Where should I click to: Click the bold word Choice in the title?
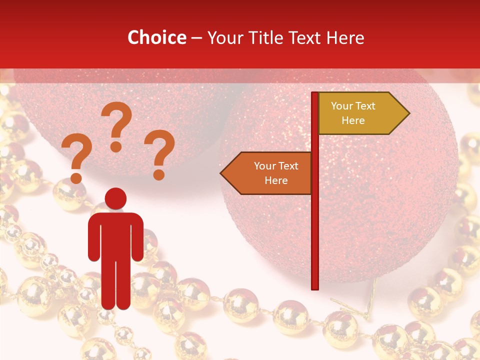pyautogui.click(x=156, y=37)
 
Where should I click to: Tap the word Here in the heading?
pyautogui.click(x=345, y=37)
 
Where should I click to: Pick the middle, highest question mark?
pyautogui.click(x=116, y=125)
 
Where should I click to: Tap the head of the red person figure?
pyautogui.click(x=115, y=198)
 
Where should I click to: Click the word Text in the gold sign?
pyautogui.click(x=366, y=106)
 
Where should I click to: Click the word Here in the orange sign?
pyautogui.click(x=276, y=180)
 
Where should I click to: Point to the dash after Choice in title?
pyautogui.click(x=196, y=38)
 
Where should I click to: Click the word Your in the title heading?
pyautogui.click(x=224, y=37)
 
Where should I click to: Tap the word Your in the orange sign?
pyautogui.click(x=265, y=166)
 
